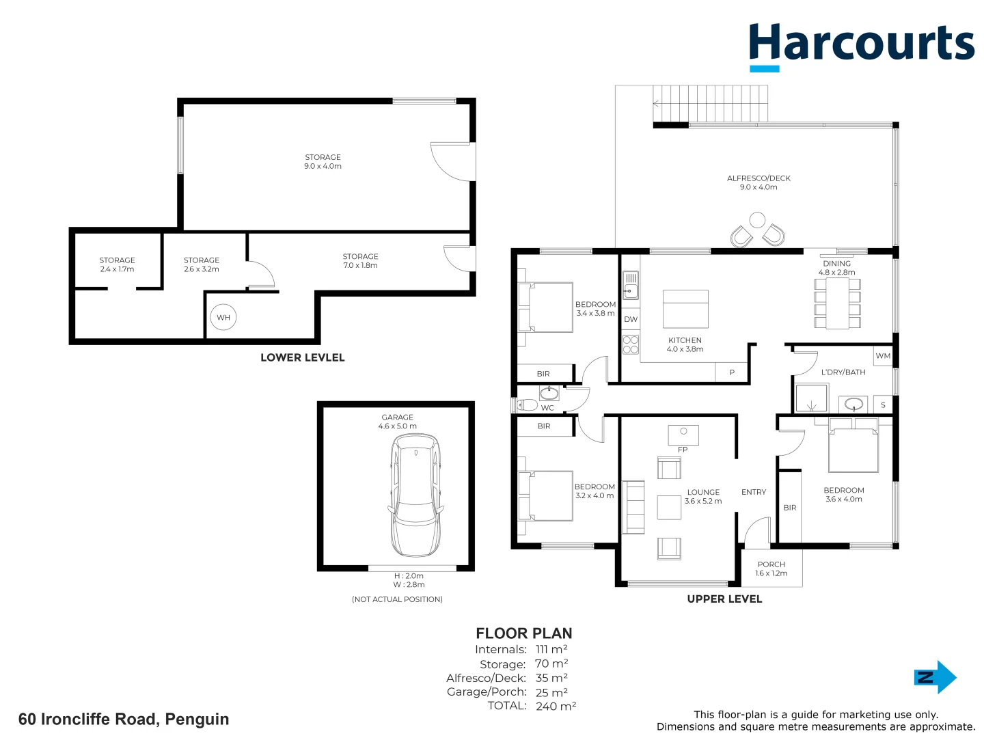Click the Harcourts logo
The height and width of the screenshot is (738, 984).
tap(861, 45)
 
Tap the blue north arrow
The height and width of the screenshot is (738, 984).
tap(935, 677)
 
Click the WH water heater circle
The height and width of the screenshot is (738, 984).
tap(223, 317)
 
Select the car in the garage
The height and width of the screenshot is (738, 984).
tap(415, 495)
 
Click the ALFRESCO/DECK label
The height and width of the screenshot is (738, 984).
tap(758, 182)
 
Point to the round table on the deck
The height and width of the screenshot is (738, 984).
tap(757, 220)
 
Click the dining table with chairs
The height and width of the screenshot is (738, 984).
tap(837, 303)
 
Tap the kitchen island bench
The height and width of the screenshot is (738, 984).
tap(685, 309)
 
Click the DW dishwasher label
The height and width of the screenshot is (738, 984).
tap(631, 319)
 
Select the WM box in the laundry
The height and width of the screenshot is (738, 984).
tap(883, 356)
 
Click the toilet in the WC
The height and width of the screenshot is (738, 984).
tap(526, 405)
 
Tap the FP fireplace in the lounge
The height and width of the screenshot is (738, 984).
tap(683, 435)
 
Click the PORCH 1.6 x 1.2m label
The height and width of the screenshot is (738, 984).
tap(771, 569)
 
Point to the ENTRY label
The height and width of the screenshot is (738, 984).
tap(754, 492)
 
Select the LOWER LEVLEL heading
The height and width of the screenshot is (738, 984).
tap(302, 357)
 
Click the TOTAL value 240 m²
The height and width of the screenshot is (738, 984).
tap(556, 706)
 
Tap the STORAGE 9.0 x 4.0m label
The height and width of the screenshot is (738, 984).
tap(323, 161)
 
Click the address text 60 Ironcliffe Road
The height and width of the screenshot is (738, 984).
tap(124, 719)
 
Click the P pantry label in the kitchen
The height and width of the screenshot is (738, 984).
tap(732, 372)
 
